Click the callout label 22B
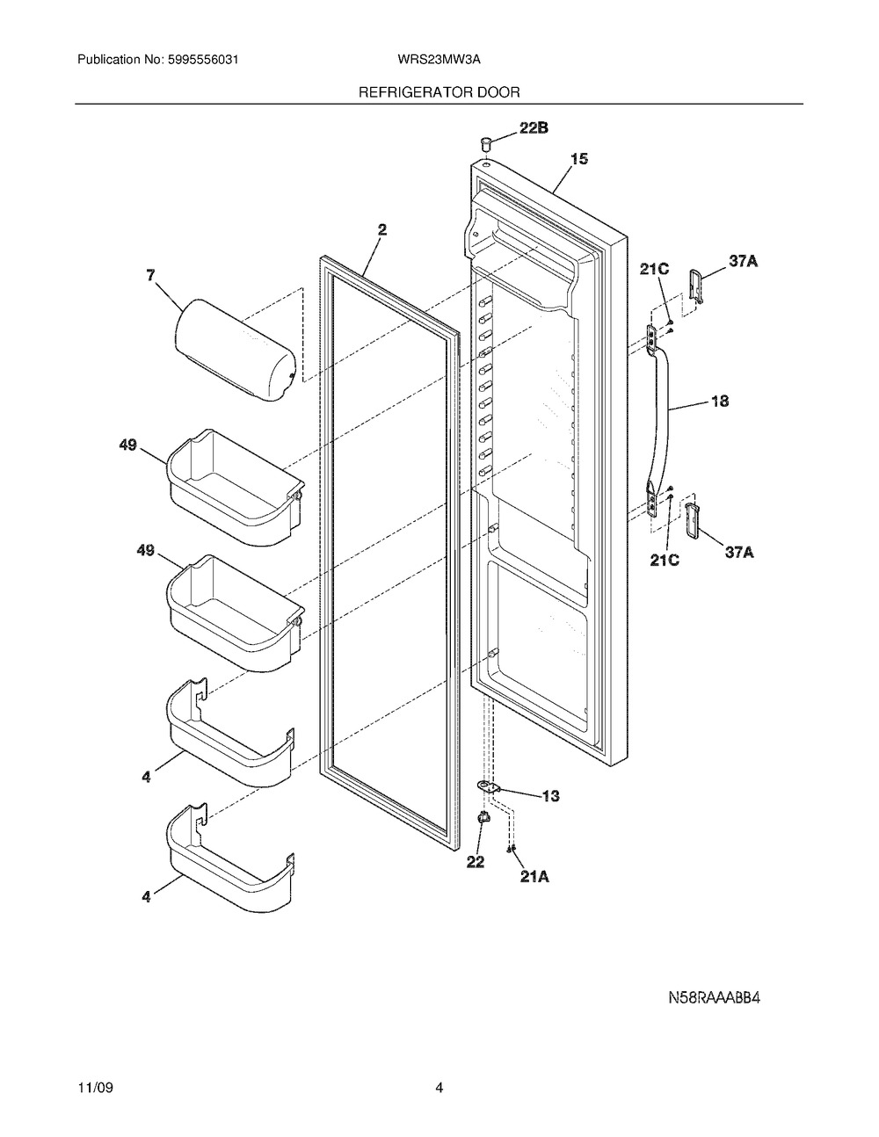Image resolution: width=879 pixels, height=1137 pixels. click(534, 127)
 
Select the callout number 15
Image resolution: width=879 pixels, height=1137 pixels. click(578, 158)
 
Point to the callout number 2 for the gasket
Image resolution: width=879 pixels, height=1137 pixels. click(382, 229)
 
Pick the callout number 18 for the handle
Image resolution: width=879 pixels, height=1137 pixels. click(720, 402)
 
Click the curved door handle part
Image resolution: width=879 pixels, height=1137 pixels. click(658, 421)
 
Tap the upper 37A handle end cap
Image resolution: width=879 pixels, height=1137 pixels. click(696, 286)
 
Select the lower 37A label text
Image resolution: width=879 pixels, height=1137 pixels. click(738, 552)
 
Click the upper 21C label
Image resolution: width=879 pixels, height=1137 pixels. click(654, 270)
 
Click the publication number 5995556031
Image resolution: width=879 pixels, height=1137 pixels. click(203, 60)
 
